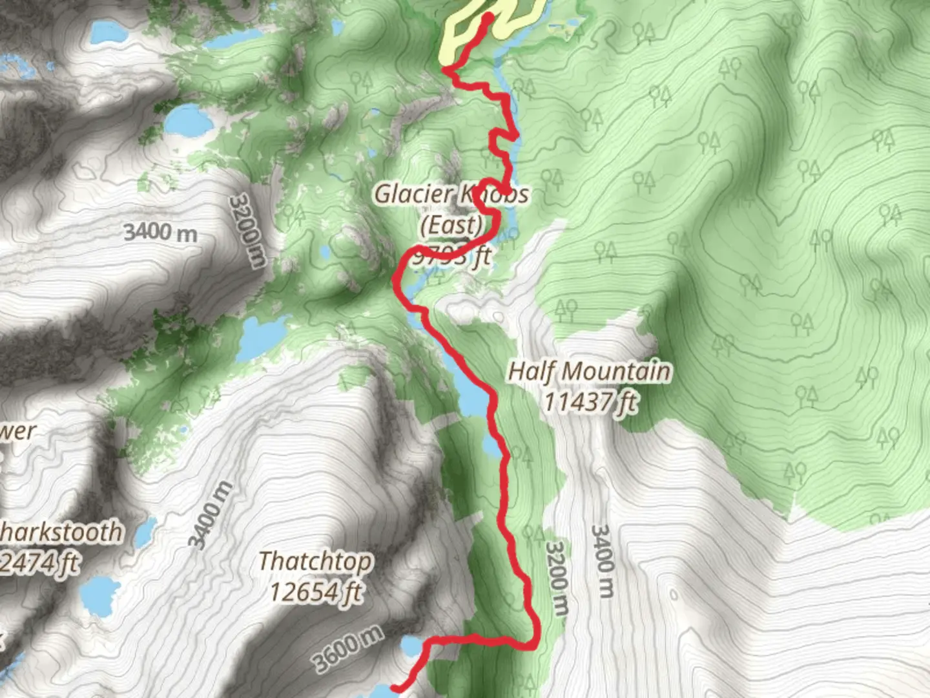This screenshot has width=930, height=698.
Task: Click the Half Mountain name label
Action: [589, 372]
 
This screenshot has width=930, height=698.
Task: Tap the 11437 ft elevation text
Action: [590, 402]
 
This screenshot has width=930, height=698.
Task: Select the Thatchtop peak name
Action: [315, 561]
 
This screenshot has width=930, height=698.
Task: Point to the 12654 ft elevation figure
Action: [315, 591]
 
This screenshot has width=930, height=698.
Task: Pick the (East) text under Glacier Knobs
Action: [451, 225]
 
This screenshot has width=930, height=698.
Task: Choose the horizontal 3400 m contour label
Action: [160, 232]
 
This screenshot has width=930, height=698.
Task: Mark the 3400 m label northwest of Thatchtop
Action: [211, 514]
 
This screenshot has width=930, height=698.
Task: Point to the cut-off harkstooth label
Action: [61, 532]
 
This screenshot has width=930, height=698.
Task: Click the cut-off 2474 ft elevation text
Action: [40, 563]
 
